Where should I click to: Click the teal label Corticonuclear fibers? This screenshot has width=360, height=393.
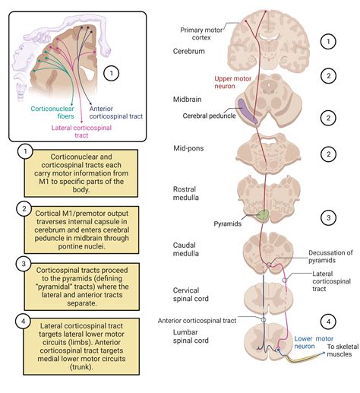pyautogui.click(x=52, y=113)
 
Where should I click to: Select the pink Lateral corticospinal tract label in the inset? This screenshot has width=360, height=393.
pyautogui.click(x=81, y=132)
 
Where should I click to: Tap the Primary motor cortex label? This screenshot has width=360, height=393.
pyautogui.click(x=201, y=33)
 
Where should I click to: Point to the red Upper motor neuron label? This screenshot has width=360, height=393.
pyautogui.click(x=232, y=82)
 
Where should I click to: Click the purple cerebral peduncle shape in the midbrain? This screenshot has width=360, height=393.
pyautogui.click(x=246, y=111)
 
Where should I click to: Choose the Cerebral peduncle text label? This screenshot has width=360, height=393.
pyautogui.click(x=209, y=116)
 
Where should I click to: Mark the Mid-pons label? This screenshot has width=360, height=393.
pyautogui.click(x=188, y=148)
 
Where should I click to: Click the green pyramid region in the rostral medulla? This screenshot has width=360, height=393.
pyautogui.click(x=263, y=215)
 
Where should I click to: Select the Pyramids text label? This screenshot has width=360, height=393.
pyautogui.click(x=228, y=223)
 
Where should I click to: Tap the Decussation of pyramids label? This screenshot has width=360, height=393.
pyautogui.click(x=330, y=256)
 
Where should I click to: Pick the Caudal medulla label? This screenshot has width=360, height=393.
pyautogui.click(x=185, y=249)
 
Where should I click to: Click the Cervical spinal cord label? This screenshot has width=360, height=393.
pyautogui.click(x=191, y=294)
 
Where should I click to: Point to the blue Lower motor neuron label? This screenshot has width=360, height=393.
pyautogui.click(x=314, y=342)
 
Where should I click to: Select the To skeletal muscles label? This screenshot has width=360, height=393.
pyautogui.click(x=343, y=350)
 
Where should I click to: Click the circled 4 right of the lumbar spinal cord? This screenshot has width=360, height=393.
pyautogui.click(x=328, y=322)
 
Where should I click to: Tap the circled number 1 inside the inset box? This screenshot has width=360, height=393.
pyautogui.click(x=112, y=73)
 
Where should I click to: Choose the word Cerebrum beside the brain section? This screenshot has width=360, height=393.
pyautogui.click(x=188, y=51)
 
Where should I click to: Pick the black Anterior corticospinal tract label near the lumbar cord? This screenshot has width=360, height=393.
pyautogui.click(x=197, y=321)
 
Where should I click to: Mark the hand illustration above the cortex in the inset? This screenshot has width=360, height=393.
pyautogui.click(x=38, y=36)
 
